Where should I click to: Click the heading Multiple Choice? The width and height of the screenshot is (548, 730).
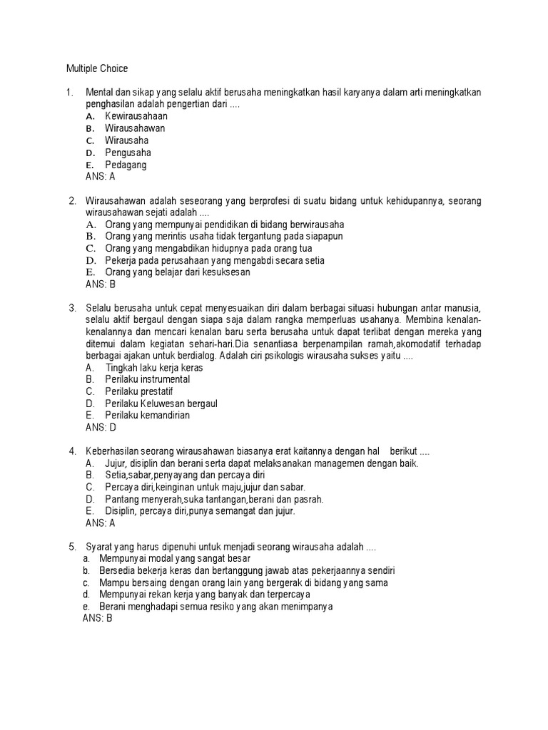(x=97, y=68)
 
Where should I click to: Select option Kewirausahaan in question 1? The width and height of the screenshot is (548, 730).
(x=136, y=116)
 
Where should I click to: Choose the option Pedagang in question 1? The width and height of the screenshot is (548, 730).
(x=126, y=165)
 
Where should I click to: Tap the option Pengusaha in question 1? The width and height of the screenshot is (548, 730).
(x=128, y=153)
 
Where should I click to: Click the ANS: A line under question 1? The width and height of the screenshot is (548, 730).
(x=100, y=177)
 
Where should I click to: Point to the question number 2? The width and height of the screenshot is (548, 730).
(x=72, y=201)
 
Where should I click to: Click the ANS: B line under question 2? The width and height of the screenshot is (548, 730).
(x=100, y=284)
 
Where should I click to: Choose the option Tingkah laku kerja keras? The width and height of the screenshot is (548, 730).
(x=154, y=368)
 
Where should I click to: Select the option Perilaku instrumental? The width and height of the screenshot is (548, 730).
(x=147, y=380)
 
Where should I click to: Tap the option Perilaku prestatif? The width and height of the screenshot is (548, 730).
(x=139, y=392)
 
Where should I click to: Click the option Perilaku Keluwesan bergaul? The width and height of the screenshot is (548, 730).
(x=161, y=403)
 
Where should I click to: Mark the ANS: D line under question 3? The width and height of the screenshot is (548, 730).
(x=100, y=428)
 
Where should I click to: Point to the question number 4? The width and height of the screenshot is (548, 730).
(x=72, y=452)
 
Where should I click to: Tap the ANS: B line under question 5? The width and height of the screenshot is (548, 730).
(x=98, y=619)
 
